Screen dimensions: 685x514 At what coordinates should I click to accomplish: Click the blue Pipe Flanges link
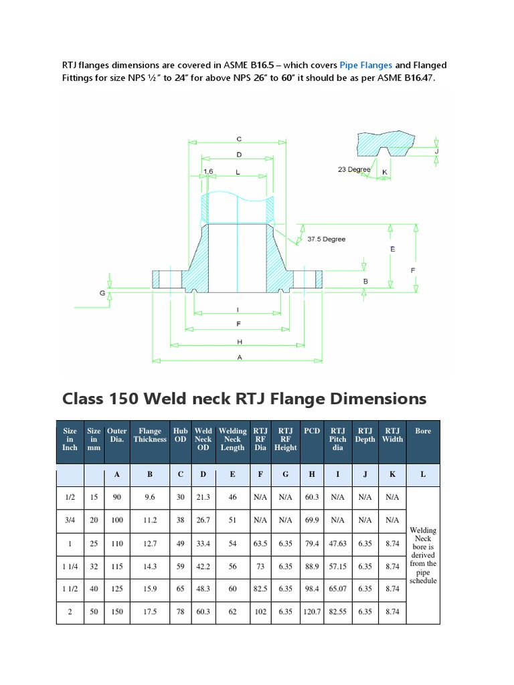365,65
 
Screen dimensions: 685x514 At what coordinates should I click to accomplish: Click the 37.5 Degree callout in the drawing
326,239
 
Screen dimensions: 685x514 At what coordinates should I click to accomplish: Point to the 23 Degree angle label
354,170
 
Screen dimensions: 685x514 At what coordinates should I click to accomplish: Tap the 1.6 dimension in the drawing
207,172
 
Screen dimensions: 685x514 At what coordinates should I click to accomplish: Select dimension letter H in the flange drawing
238,341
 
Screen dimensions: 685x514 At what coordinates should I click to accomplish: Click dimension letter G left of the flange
103,293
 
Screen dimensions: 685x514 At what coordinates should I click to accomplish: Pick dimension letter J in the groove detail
436,151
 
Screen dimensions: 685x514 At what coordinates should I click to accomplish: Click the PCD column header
312,431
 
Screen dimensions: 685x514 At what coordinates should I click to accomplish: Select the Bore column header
423,431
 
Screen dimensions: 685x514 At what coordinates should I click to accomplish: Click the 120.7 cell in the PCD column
312,612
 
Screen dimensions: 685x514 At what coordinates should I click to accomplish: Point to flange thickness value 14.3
150,566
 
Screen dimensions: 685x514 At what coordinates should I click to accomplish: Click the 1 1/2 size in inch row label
70,589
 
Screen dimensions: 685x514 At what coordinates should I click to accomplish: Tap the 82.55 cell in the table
338,612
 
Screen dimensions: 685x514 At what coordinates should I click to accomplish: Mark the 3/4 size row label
70,520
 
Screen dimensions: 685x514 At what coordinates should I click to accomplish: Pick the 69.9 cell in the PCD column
312,520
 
